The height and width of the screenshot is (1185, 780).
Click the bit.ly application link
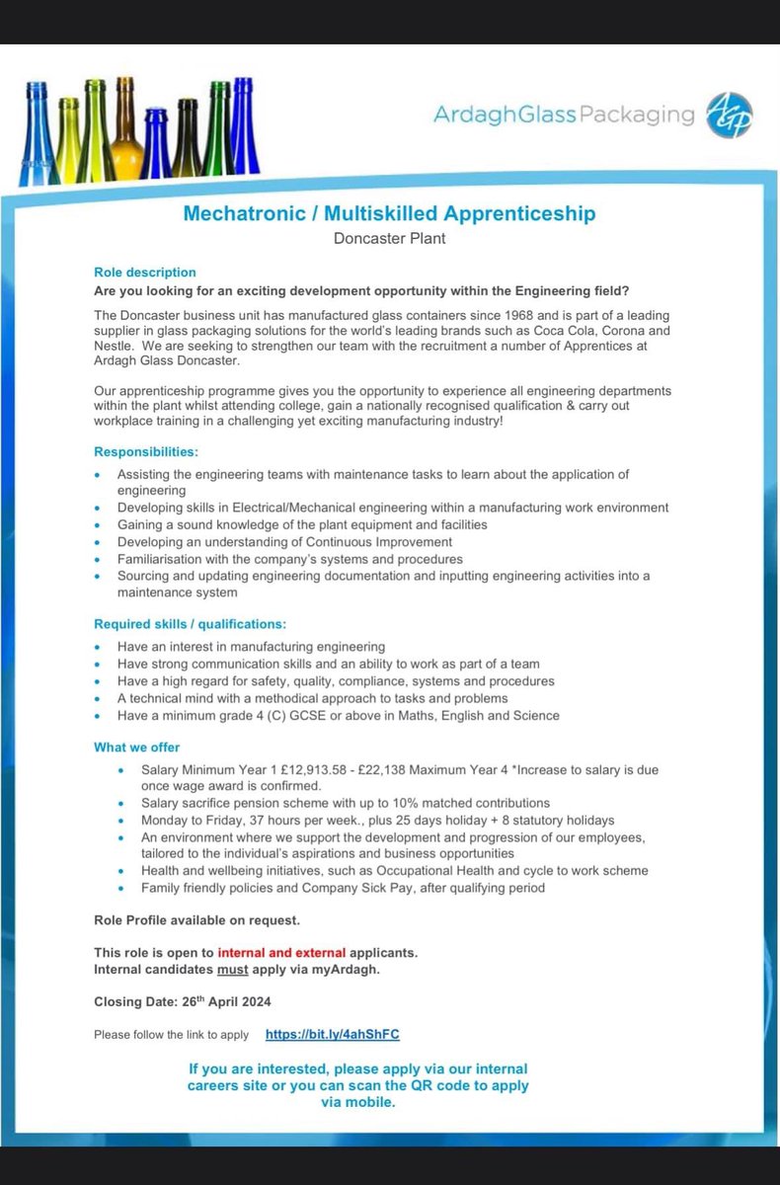click(x=333, y=1034)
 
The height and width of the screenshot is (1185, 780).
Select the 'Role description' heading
click(x=145, y=272)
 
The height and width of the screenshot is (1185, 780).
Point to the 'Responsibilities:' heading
click(x=146, y=451)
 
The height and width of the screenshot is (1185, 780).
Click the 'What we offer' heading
click(x=137, y=747)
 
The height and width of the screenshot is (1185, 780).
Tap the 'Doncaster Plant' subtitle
click(x=389, y=238)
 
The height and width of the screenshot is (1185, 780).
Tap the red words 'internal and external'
click(x=282, y=953)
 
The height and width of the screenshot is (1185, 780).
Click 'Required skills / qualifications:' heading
click(x=191, y=623)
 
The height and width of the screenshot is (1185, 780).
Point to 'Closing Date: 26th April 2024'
click(x=183, y=1001)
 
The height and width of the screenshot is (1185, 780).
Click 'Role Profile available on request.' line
click(x=197, y=920)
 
